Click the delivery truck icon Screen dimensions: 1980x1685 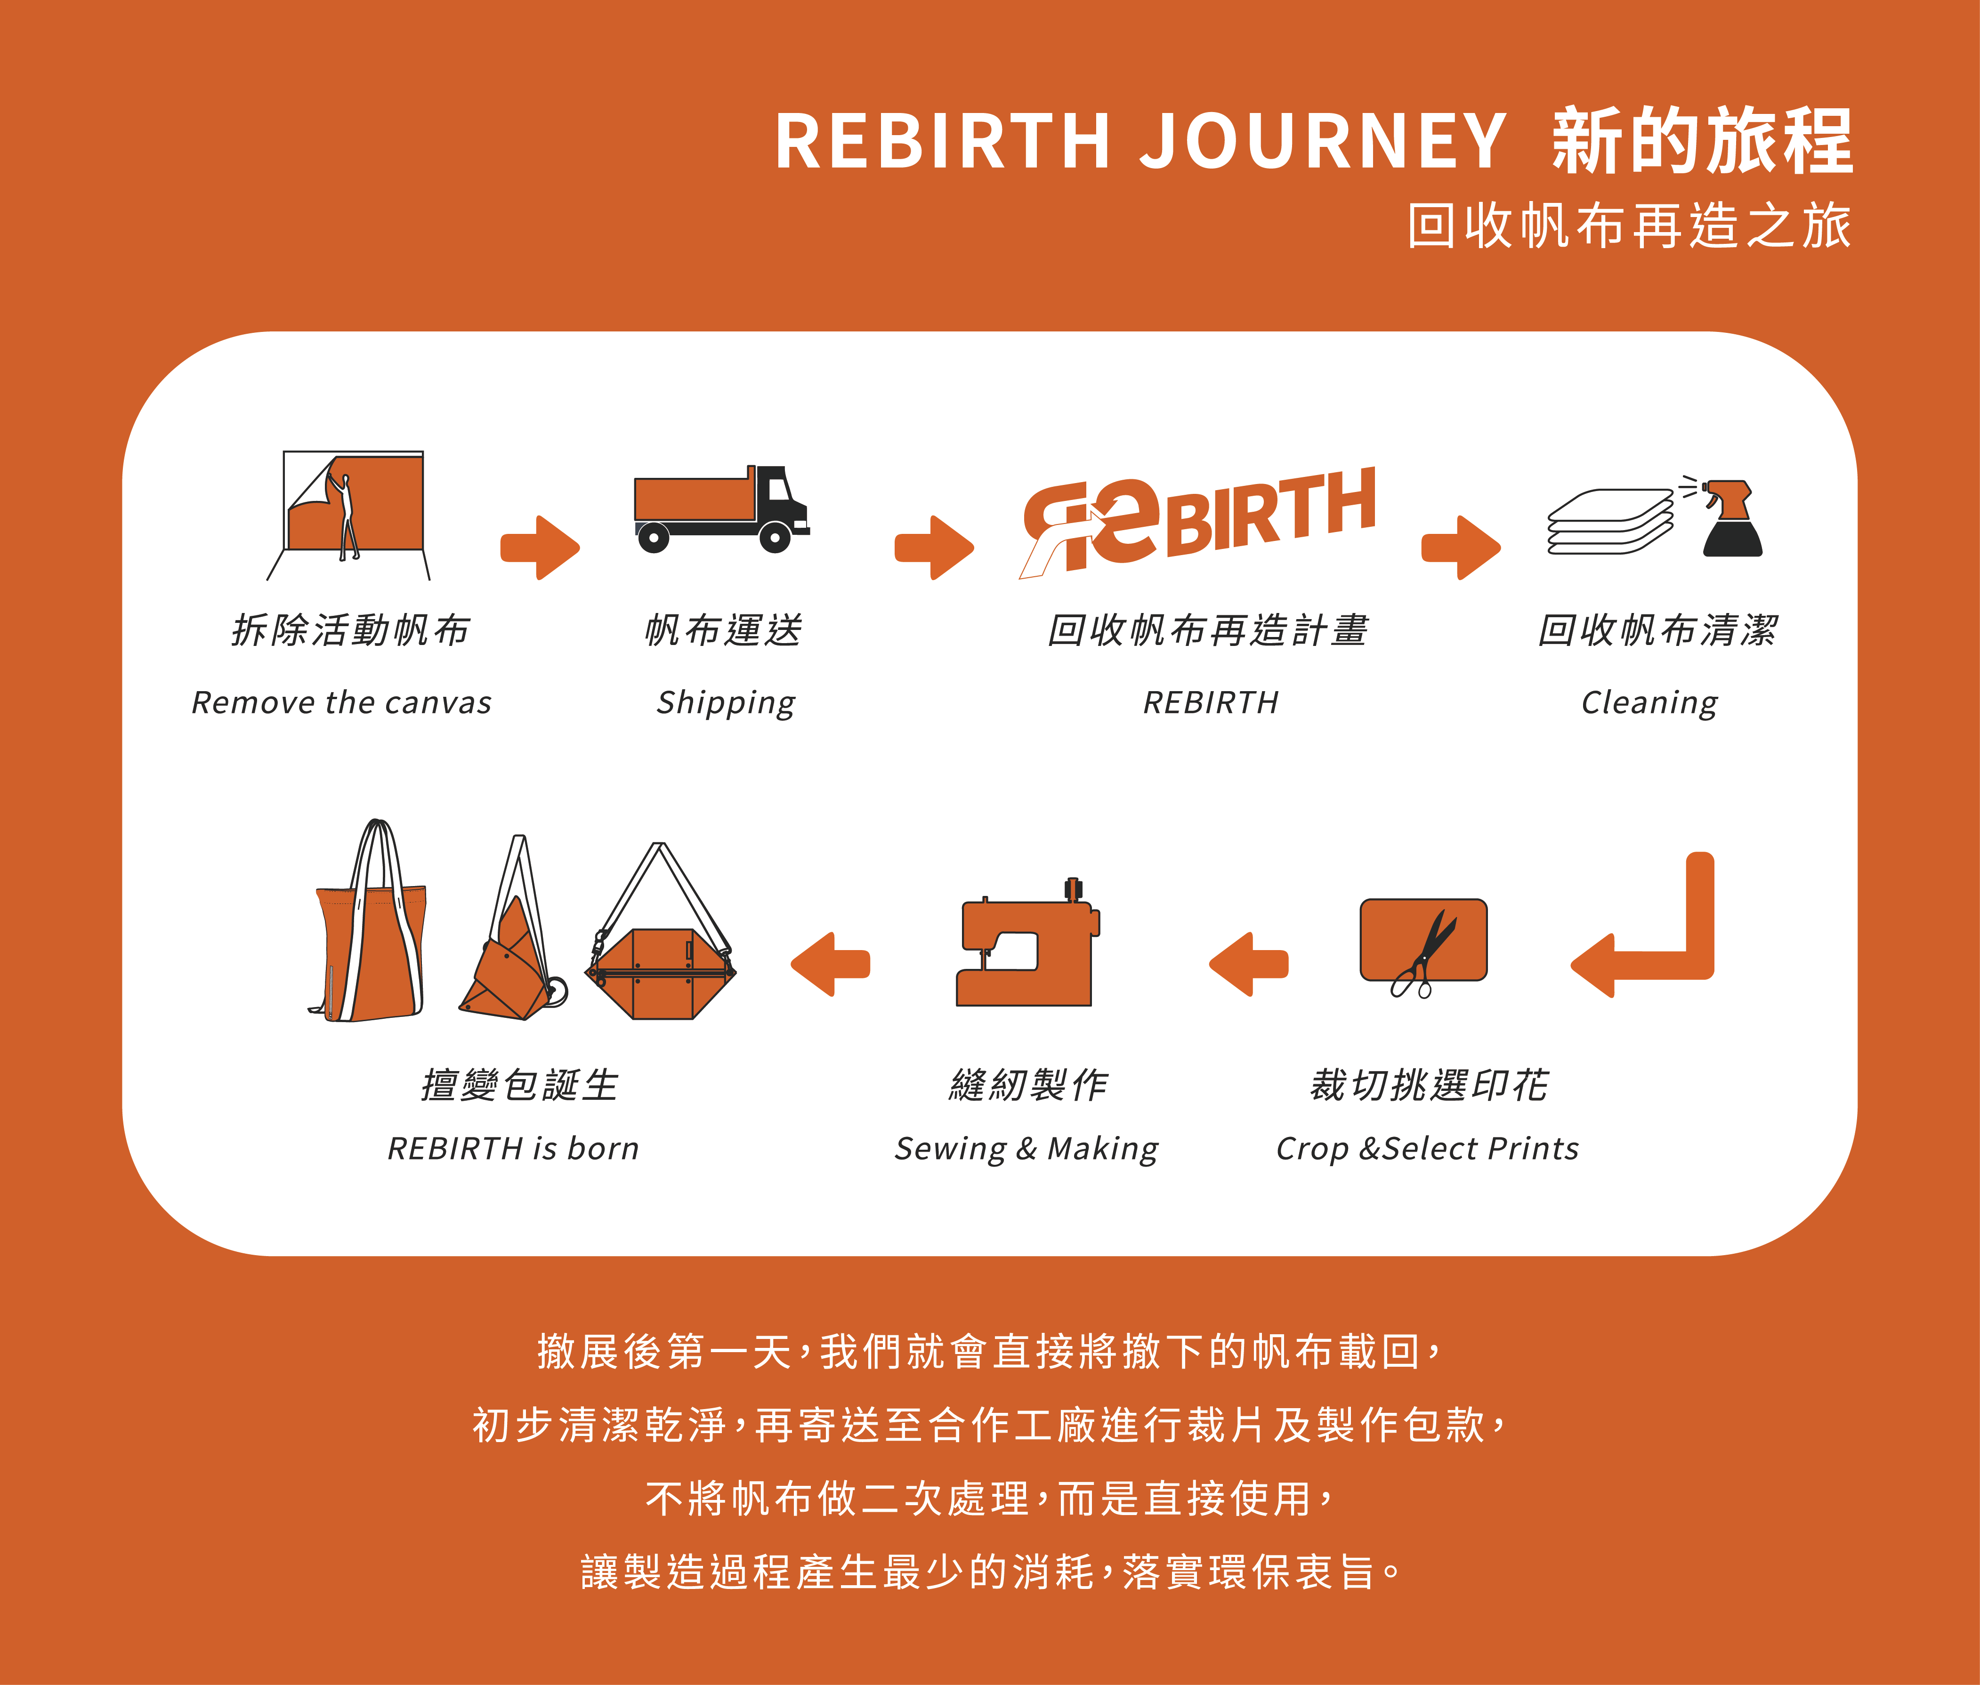click(721, 509)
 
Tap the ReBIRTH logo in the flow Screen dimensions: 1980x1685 click(1199, 521)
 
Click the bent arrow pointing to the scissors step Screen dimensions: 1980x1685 click(1652, 931)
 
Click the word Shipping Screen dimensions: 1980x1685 click(725, 703)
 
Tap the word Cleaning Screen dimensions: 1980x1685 click(1649, 703)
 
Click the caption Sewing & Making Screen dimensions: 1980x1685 click(1026, 1148)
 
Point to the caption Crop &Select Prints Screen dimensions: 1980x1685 click(1427, 1148)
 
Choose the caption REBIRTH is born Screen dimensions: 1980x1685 click(513, 1148)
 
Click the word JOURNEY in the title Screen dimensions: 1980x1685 click(1323, 141)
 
